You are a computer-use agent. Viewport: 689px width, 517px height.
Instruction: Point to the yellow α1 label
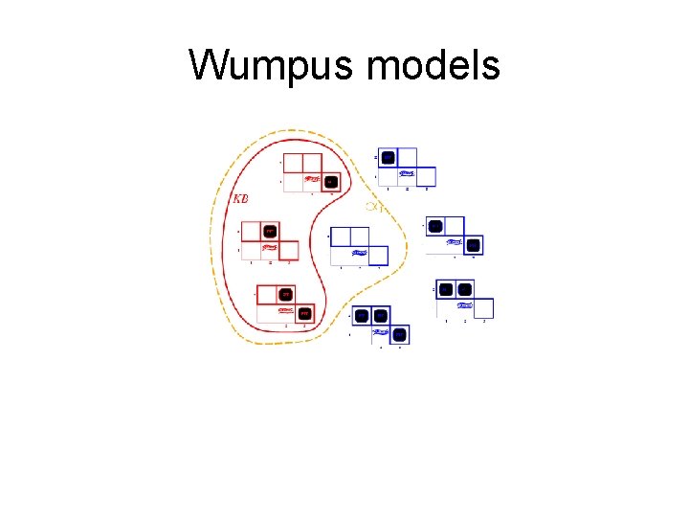click(x=374, y=207)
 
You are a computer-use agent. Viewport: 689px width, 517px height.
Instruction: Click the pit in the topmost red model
click(x=330, y=181)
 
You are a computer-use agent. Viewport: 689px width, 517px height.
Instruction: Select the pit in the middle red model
click(x=270, y=231)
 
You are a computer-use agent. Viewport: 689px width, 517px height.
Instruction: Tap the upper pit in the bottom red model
click(x=285, y=294)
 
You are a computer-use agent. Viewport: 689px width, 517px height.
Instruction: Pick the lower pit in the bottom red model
click(x=304, y=313)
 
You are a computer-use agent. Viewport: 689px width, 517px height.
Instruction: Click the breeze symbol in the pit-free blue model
click(x=359, y=254)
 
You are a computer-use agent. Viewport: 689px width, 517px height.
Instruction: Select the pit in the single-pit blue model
click(x=388, y=157)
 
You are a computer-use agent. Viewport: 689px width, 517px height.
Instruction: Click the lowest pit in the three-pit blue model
click(x=400, y=334)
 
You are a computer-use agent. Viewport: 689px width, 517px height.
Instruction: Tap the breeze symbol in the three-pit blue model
click(x=381, y=333)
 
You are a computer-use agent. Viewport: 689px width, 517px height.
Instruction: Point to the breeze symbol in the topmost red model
click(x=311, y=179)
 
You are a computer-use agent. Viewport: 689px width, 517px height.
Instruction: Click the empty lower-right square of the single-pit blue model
click(x=426, y=176)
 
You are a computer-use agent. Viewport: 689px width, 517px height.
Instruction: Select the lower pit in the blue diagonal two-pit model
click(x=473, y=246)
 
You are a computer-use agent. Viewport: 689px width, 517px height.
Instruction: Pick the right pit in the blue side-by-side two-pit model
click(x=464, y=288)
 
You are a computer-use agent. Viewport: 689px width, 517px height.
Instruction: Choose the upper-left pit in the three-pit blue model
click(x=362, y=315)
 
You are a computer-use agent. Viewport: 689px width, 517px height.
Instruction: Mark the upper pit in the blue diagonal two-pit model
click(x=435, y=227)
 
